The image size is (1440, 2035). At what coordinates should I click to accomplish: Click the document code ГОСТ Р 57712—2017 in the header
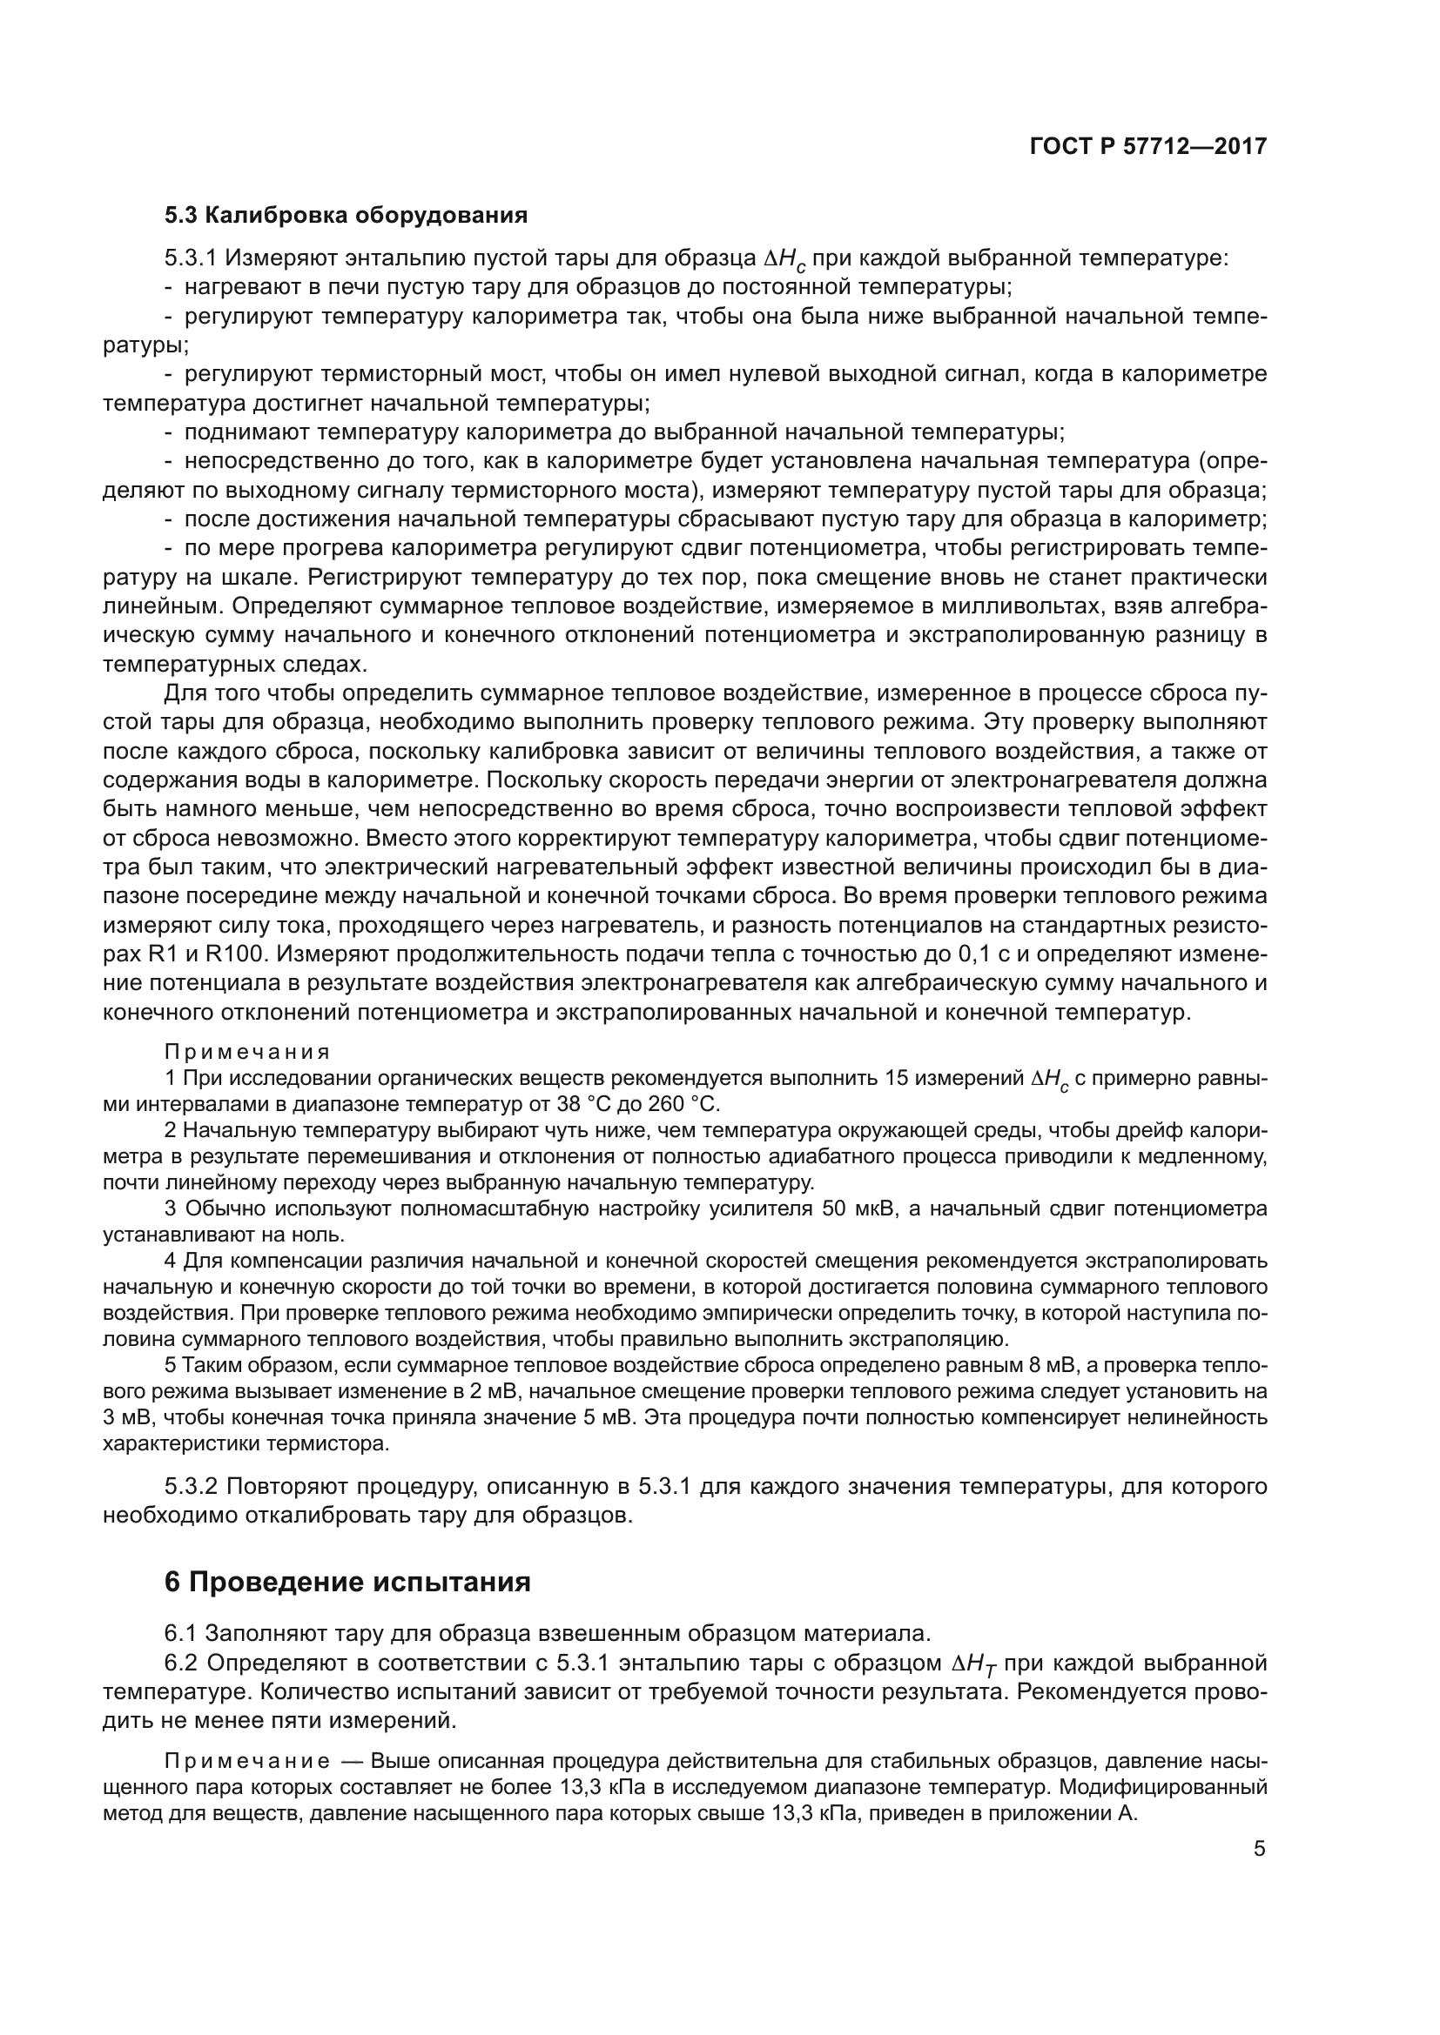point(1147,146)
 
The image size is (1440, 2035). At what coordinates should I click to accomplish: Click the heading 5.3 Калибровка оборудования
point(346,216)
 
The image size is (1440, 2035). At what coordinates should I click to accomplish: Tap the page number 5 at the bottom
point(1259,1849)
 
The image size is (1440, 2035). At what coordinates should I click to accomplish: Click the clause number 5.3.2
point(191,1486)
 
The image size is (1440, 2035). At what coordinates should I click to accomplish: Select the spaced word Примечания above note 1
point(246,1051)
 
